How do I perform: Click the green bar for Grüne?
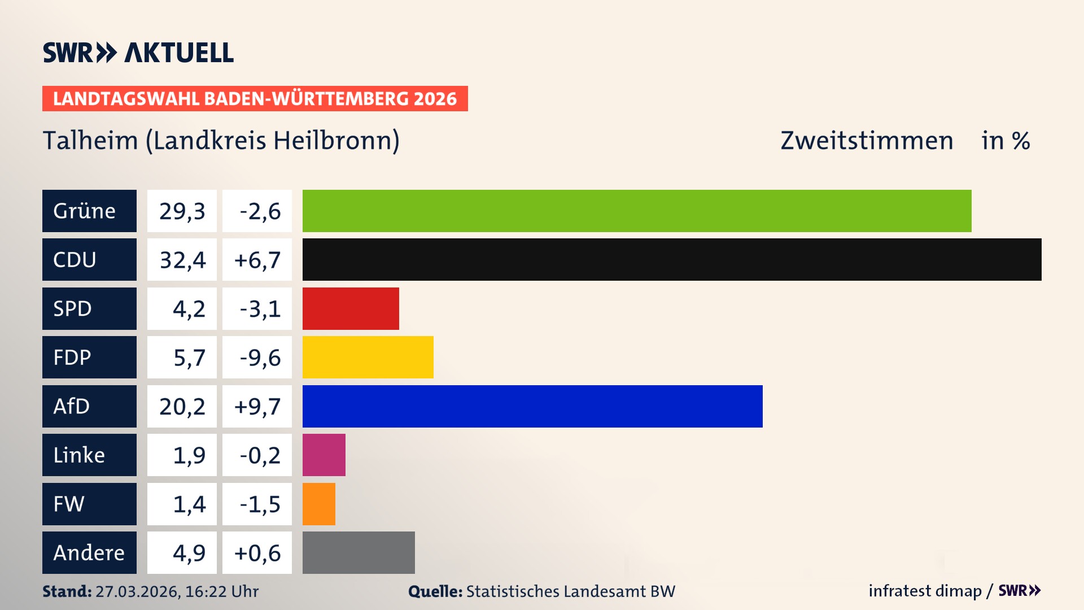click(x=637, y=211)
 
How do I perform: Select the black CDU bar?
click(x=672, y=259)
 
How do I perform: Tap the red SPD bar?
click(x=351, y=308)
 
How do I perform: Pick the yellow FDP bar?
click(x=368, y=357)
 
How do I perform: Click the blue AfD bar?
click(x=532, y=406)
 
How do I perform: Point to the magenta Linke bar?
click(x=324, y=455)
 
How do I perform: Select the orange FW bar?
click(x=318, y=504)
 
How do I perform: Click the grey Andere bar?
click(x=359, y=552)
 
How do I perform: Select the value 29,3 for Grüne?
click(x=182, y=211)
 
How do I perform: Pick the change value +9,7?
click(x=257, y=406)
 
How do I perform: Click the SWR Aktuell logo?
click(x=138, y=53)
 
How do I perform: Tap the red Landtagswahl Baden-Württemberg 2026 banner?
click(x=255, y=98)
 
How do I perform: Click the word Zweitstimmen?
click(x=867, y=140)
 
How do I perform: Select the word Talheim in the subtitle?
click(x=90, y=140)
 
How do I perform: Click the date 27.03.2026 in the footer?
click(x=137, y=591)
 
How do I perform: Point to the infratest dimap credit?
click(x=925, y=591)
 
